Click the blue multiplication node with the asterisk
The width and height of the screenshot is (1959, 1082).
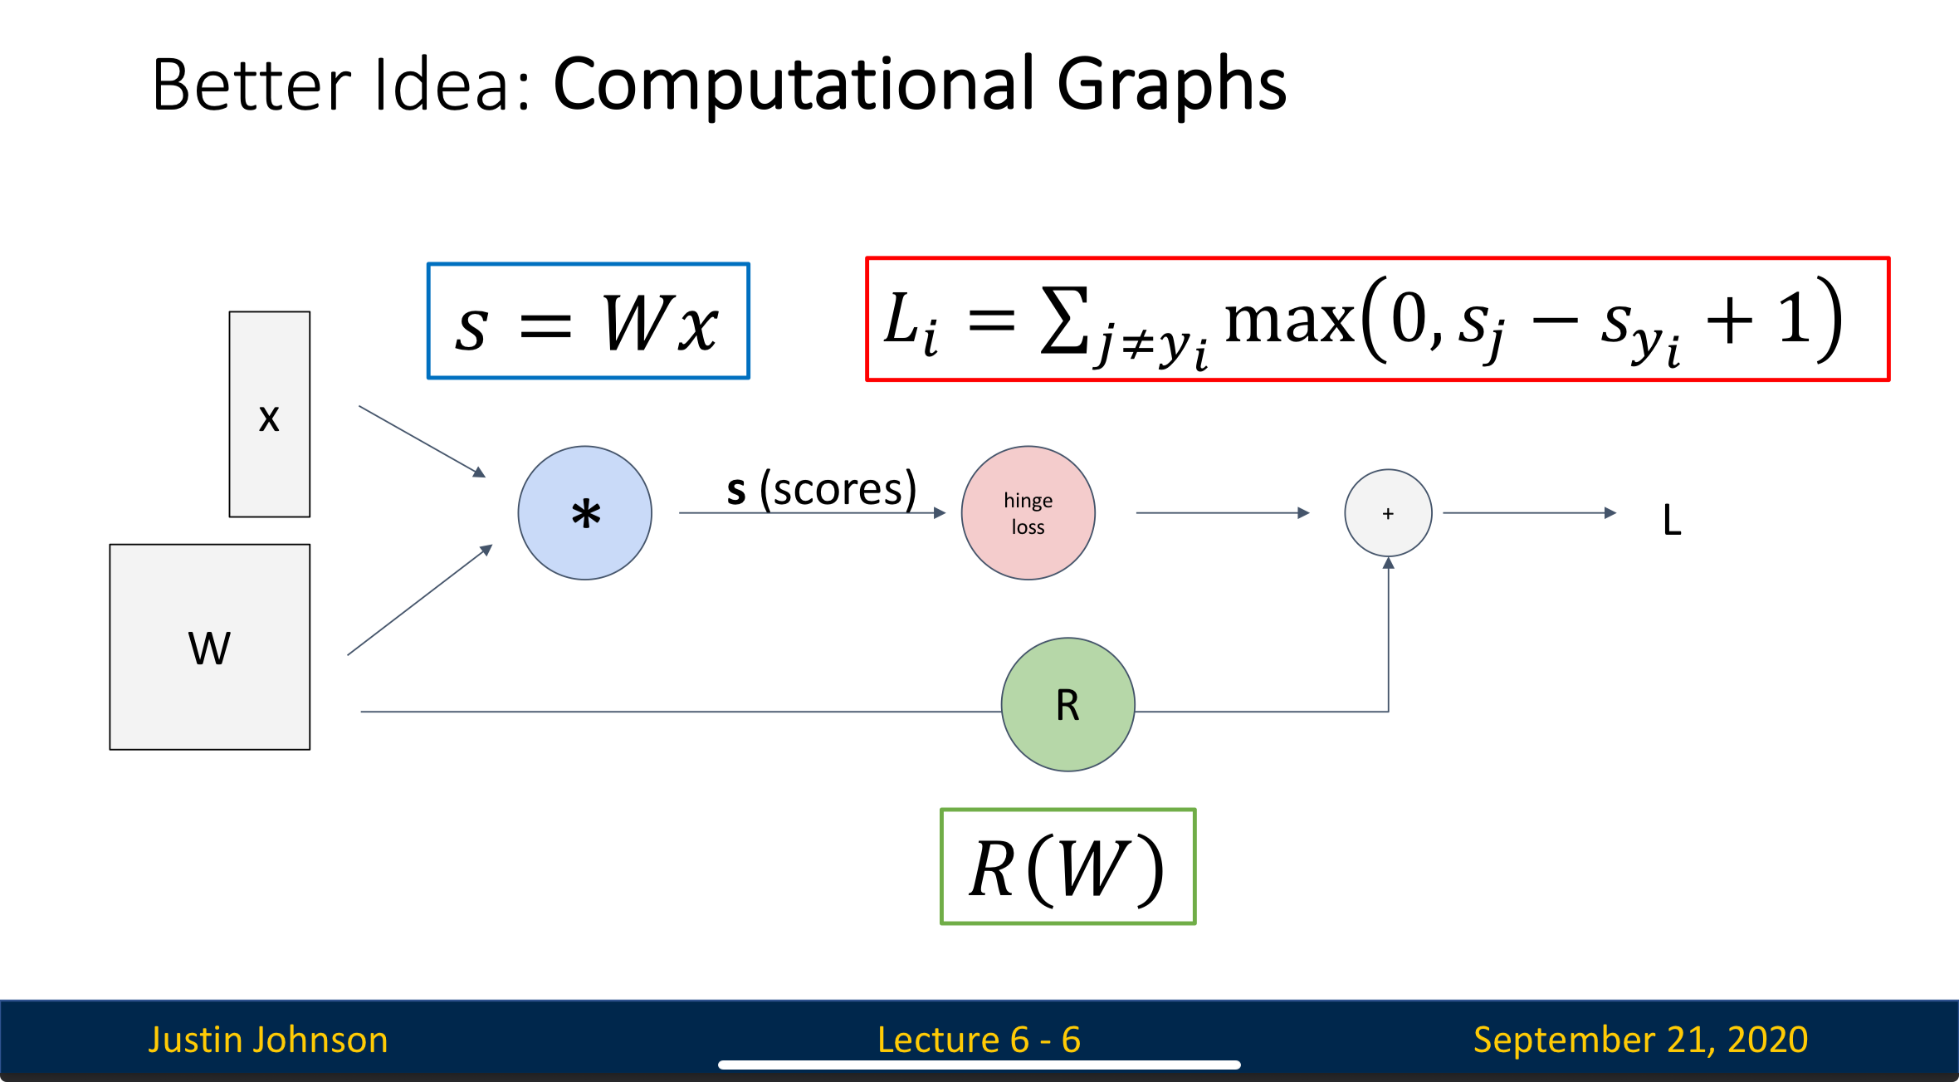click(x=584, y=513)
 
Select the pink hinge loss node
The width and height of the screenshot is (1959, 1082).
click(x=1028, y=513)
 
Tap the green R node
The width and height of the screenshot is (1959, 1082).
click(x=1067, y=704)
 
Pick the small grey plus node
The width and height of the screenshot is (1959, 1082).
click(x=1388, y=513)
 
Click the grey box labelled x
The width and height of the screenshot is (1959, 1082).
click(x=269, y=414)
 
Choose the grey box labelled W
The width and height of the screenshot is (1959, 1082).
click(x=209, y=647)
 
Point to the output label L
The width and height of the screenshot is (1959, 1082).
click(x=1672, y=521)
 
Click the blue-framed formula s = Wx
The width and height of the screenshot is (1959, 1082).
click(x=588, y=321)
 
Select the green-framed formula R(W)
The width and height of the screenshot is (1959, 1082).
click(x=1067, y=867)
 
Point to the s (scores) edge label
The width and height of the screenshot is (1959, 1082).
click(x=821, y=488)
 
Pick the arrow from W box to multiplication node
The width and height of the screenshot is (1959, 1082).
click(x=419, y=600)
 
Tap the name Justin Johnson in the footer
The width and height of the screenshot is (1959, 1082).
click(x=268, y=1040)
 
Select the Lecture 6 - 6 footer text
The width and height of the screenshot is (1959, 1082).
click(x=979, y=1040)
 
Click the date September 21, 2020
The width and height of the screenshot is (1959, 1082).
click(x=1640, y=1040)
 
